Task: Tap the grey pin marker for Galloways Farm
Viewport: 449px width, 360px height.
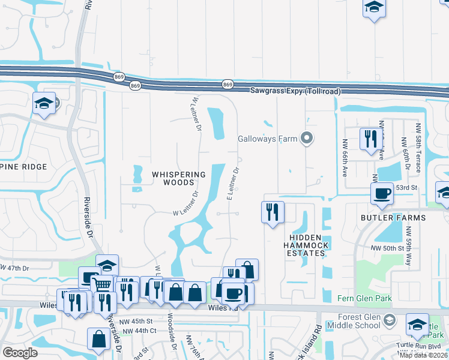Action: [307, 139]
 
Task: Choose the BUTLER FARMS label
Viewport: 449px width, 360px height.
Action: [393, 217]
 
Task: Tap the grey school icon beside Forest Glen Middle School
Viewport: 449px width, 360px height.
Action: [389, 320]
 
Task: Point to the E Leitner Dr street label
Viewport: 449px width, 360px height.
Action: [233, 184]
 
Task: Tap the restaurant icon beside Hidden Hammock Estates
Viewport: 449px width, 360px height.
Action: [273, 212]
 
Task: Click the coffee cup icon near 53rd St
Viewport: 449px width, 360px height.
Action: [382, 193]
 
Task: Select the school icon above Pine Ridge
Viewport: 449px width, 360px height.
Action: [44, 103]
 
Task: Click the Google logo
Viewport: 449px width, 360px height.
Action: [20, 352]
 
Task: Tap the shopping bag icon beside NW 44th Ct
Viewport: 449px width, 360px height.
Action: [98, 338]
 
